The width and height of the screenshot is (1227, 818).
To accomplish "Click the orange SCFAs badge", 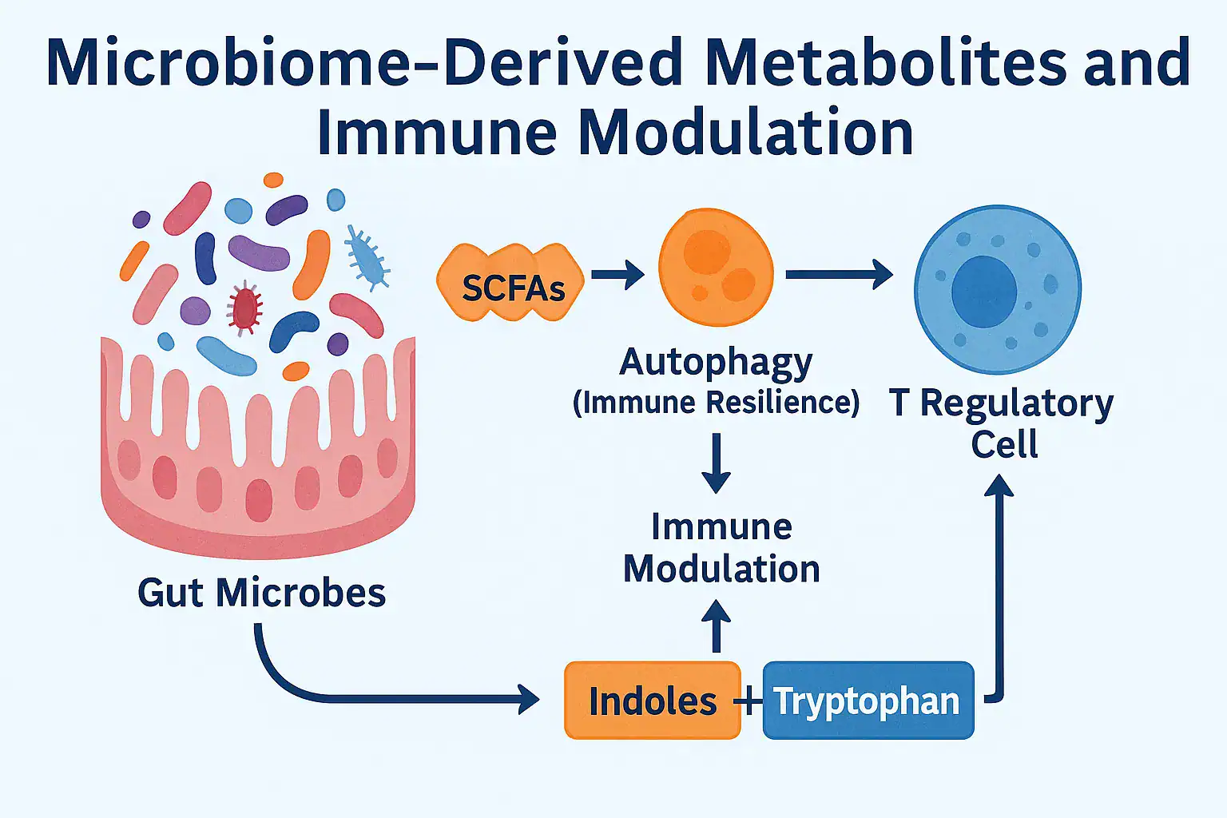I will [511, 284].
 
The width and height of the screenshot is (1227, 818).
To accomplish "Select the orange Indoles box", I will [652, 701].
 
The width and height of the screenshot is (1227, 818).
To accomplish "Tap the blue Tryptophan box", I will [868, 701].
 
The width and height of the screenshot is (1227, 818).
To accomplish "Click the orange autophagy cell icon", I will [716, 268].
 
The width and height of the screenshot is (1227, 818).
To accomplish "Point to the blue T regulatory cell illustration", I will [997, 289].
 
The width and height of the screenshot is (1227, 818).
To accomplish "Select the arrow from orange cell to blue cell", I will [839, 275].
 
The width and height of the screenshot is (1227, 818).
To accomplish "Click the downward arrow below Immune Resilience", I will [716, 463].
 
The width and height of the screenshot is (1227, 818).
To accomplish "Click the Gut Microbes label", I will [261, 593].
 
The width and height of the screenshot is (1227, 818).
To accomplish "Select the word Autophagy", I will [716, 363].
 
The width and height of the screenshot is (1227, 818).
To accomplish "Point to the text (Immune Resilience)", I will [716, 402].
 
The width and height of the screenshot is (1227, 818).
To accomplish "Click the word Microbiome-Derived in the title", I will [364, 62].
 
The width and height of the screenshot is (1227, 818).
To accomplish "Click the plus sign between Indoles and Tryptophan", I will [749, 701].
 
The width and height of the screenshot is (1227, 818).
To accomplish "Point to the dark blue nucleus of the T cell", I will [983, 292].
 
